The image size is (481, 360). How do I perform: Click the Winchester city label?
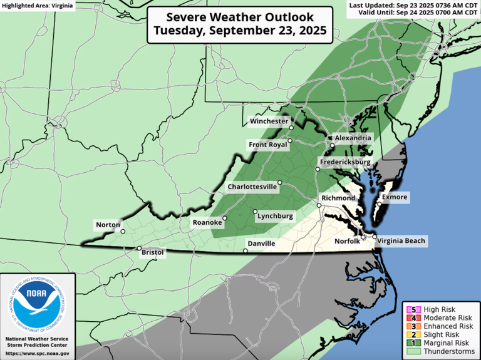tap(269, 121)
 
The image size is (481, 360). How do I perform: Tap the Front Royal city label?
tap(268, 145)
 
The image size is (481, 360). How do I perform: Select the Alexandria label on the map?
tap(354, 138)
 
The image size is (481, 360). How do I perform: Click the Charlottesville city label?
tap(252, 187)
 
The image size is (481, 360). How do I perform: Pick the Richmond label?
tap(338, 198)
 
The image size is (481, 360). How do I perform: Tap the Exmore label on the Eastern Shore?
tap(395, 198)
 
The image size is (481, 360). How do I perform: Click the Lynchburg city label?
tap(276, 216)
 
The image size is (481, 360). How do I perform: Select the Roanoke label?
tap(207, 222)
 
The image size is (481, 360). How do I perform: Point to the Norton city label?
tap(107, 225)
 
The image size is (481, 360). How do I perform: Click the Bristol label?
tap(153, 252)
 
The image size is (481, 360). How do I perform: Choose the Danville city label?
tap(261, 243)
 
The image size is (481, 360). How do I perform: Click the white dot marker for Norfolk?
tap(365, 237)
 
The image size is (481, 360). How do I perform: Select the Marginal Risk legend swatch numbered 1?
tap(411, 342)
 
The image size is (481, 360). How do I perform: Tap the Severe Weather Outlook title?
tap(239, 25)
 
